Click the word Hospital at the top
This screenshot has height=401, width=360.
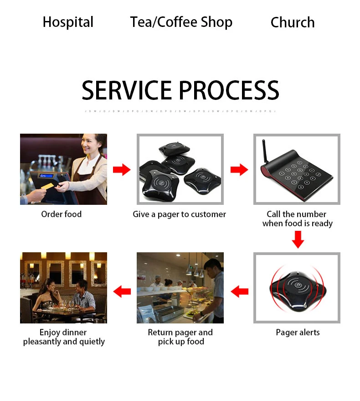tap(68, 22)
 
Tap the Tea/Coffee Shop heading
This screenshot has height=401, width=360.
tap(181, 22)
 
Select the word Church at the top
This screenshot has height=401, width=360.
tap(293, 22)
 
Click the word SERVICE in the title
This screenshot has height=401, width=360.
tap(126, 90)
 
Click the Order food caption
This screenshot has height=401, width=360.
tap(62, 214)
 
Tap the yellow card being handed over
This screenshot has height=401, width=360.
tap(48, 187)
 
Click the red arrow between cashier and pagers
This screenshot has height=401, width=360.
tap(122, 170)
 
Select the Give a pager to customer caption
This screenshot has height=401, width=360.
tap(179, 214)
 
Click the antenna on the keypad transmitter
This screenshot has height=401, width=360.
tap(265, 153)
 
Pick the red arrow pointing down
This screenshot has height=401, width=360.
tap(298, 240)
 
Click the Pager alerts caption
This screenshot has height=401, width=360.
tap(298, 332)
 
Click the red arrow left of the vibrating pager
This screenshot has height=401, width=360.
tap(239, 291)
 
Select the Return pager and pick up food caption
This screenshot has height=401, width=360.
tap(180, 337)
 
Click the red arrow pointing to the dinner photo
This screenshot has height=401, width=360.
tap(122, 291)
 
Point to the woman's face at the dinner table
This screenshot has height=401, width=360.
tap(51, 287)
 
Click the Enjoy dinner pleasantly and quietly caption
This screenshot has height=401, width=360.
tap(64, 337)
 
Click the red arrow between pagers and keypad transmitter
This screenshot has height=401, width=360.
tap(239, 170)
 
